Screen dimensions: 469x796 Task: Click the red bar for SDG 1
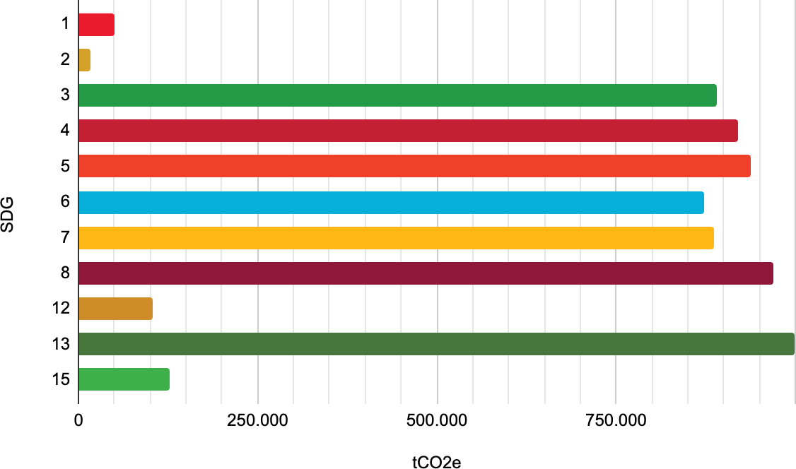[x=96, y=25]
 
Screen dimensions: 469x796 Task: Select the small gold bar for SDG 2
[x=84, y=60]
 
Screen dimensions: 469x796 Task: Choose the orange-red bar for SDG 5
[x=414, y=167]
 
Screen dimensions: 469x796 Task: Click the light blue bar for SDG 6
[x=391, y=202]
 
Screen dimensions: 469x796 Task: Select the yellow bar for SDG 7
[x=396, y=237]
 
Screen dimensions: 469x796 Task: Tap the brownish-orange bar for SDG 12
[x=115, y=309]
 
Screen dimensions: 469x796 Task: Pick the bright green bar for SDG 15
[x=124, y=379]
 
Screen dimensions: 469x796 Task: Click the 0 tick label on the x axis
[x=78, y=421]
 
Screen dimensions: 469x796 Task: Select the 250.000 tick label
[x=257, y=421]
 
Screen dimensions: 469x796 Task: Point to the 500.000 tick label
[x=437, y=421]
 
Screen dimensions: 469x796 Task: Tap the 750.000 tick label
[x=616, y=421]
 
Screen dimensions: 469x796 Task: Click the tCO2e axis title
[x=437, y=463]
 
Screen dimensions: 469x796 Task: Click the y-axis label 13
[x=61, y=344]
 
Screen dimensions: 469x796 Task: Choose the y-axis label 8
[x=65, y=273]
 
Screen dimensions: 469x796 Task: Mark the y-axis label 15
[x=61, y=379]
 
